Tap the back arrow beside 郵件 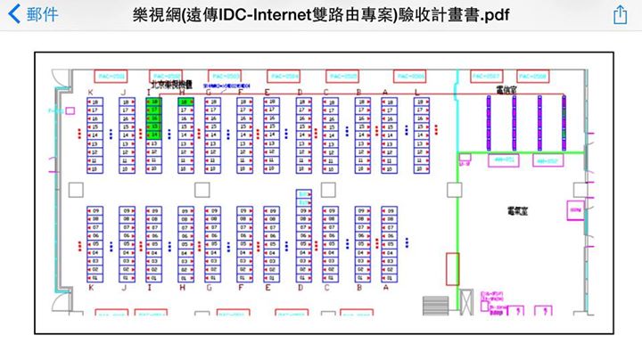click(x=14, y=15)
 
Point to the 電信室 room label click(x=506, y=90)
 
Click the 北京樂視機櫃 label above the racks click(x=164, y=88)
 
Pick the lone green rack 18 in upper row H click(x=185, y=102)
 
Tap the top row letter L click(x=416, y=91)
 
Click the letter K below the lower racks click(x=91, y=287)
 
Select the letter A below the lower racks click(x=385, y=287)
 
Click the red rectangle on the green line click(x=452, y=268)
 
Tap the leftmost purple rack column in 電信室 click(x=489, y=122)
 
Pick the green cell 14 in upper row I click(x=154, y=134)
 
